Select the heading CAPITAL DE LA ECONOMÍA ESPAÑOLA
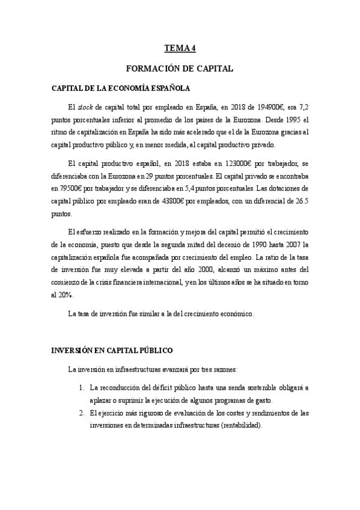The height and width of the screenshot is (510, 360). coord(122,88)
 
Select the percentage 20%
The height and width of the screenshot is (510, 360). coord(65,295)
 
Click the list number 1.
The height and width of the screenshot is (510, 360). coord(82,388)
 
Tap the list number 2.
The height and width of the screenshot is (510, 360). coord(82,413)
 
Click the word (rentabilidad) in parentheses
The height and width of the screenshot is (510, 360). coord(243,425)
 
